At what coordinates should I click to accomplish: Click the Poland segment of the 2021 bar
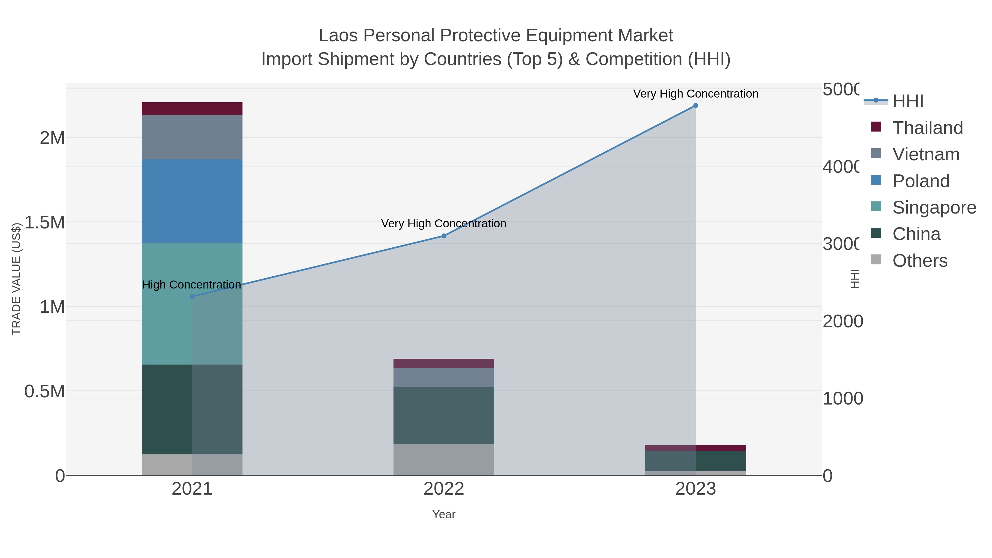[x=192, y=201]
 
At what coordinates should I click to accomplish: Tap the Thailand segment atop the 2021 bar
[x=192, y=109]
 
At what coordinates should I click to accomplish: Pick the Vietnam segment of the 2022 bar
[x=444, y=378]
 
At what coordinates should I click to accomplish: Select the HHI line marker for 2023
[x=696, y=106]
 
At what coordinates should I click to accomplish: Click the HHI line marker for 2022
[x=444, y=236]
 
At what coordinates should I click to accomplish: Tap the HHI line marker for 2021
[x=192, y=296]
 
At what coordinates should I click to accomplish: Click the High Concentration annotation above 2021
[x=192, y=285]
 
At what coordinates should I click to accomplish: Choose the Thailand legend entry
[x=927, y=128]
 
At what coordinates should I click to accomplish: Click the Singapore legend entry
[x=934, y=207]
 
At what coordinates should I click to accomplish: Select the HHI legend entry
[x=908, y=101]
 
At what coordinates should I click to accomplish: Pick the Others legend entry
[x=920, y=261]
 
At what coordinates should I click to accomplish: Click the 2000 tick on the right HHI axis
[x=843, y=321]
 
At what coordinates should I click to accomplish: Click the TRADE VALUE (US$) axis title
[x=16, y=279]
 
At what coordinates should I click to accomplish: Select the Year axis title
[x=444, y=514]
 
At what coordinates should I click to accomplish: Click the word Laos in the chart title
[x=338, y=36]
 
